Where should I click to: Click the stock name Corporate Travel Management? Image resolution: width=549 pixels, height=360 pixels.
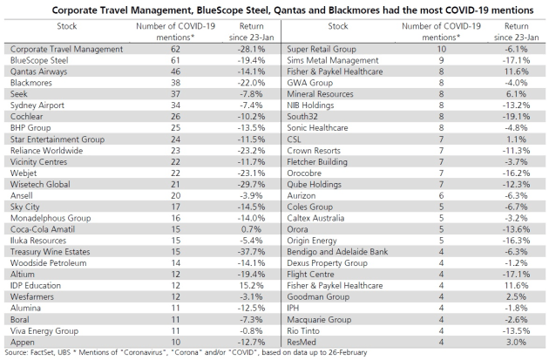click(66, 49)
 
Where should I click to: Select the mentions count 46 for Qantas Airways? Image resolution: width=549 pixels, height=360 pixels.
click(175, 71)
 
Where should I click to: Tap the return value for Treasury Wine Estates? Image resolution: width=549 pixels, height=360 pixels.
click(251, 252)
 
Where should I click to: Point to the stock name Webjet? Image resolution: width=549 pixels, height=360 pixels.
click(24, 173)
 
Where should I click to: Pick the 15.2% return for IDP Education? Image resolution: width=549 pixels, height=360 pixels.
click(251, 285)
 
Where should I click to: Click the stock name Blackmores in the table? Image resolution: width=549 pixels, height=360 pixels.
click(31, 83)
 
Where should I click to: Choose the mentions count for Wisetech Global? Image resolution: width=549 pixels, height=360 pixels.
click(175, 184)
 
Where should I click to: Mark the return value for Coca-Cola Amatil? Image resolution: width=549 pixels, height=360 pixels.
click(251, 229)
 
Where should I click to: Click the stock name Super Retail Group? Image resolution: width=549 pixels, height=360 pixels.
click(322, 49)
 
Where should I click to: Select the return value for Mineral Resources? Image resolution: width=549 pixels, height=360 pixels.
click(516, 94)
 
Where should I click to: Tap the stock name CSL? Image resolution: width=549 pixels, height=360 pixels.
click(294, 139)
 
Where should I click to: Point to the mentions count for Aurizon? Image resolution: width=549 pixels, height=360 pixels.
click(441, 195)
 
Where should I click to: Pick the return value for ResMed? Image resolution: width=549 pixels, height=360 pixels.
click(516, 343)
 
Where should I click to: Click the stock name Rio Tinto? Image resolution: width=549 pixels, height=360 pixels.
click(303, 330)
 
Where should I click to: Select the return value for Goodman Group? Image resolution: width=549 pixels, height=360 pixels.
click(516, 296)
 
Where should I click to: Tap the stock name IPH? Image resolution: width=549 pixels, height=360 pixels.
click(293, 308)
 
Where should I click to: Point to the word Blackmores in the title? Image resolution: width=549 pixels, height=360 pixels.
click(354, 10)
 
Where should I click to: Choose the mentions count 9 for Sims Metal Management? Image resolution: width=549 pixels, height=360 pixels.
click(441, 60)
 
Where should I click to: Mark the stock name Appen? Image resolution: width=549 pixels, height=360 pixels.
click(23, 343)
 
